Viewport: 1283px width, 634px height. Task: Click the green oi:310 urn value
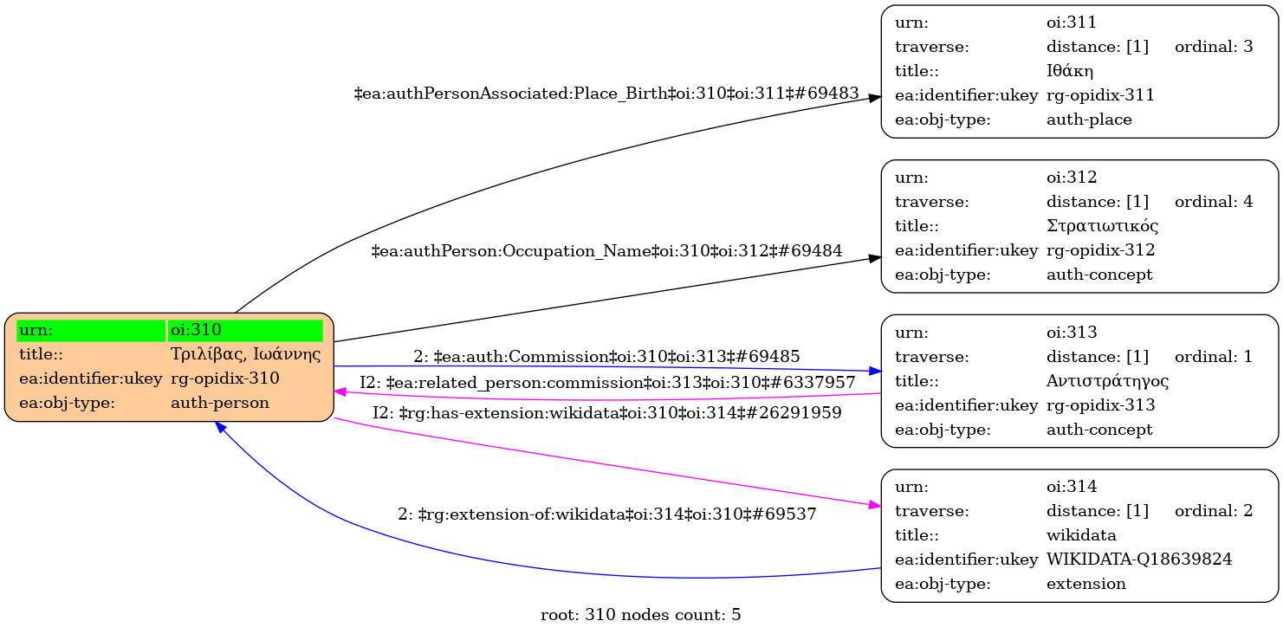pyautogui.click(x=245, y=330)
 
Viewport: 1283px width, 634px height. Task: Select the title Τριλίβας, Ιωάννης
pyautogui.click(x=245, y=354)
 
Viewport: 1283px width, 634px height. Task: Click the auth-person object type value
pyautogui.click(x=220, y=403)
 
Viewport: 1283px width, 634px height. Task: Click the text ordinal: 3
pyautogui.click(x=1214, y=47)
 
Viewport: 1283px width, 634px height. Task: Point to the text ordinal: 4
pyautogui.click(x=1214, y=202)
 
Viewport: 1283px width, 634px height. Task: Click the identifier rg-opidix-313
pyautogui.click(x=1101, y=404)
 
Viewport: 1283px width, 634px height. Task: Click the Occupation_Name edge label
pyautogui.click(x=606, y=251)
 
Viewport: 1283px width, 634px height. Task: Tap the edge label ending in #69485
pyautogui.click(x=606, y=356)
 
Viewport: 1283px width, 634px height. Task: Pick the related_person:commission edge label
pyautogui.click(x=607, y=382)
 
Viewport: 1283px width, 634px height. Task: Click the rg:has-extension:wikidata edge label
pyautogui.click(x=606, y=413)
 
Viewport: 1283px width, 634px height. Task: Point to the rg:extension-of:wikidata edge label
pyautogui.click(x=606, y=514)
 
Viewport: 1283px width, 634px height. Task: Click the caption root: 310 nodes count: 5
pyautogui.click(x=640, y=616)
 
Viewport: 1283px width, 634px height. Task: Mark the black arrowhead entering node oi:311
pyautogui.click(x=875, y=99)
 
